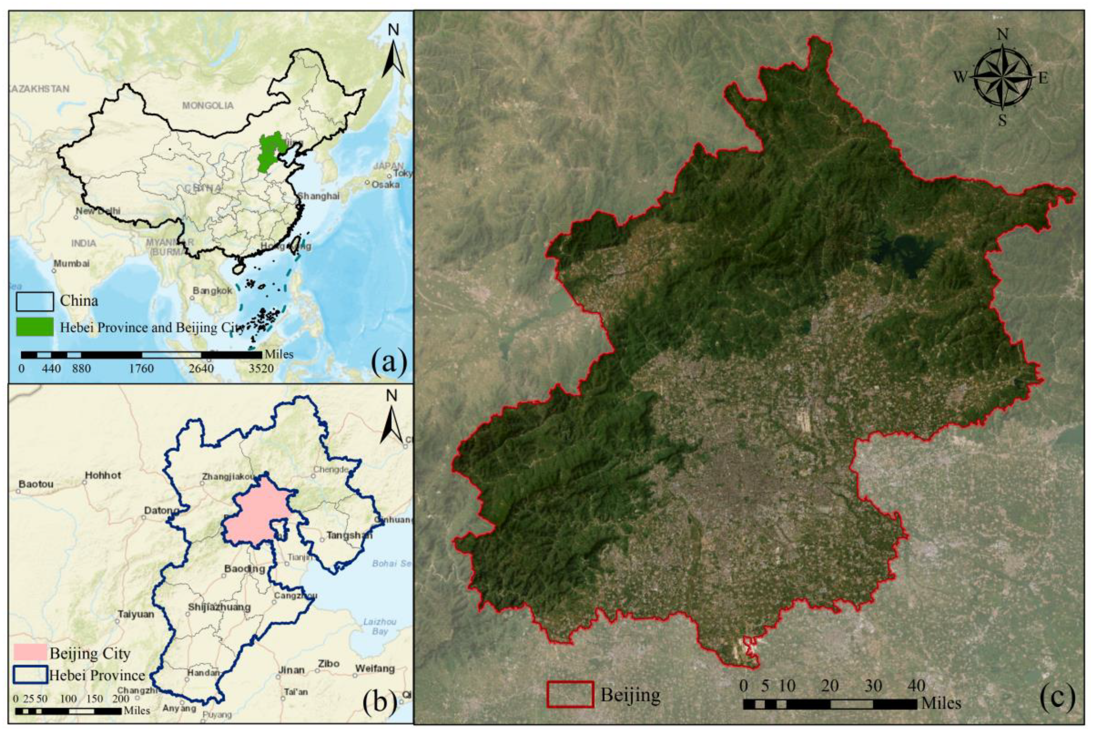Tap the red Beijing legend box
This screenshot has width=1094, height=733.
tap(569, 694)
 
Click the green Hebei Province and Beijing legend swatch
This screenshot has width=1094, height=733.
tap(34, 327)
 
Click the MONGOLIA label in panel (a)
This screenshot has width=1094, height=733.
tap(208, 106)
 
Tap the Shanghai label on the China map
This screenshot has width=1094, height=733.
tap(318, 196)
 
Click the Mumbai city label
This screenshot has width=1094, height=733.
tap(71, 263)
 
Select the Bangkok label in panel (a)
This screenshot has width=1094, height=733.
tap(212, 291)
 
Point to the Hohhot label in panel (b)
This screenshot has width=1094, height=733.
tap(103, 475)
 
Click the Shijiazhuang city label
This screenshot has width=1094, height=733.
tap(219, 607)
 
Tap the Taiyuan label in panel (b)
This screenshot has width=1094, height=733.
tap(136, 615)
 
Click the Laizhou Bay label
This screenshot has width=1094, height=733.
tap(379, 626)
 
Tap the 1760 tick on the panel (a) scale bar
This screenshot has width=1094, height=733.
tap(141, 369)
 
